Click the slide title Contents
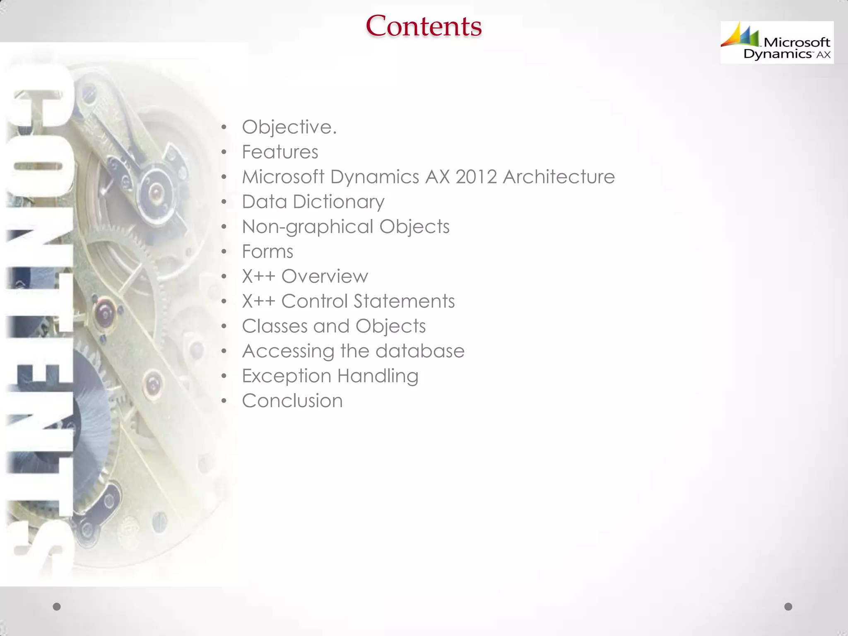424,26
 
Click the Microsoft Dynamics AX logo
777,42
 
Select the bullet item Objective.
289,127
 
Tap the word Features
280,152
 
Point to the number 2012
476,177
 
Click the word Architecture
559,177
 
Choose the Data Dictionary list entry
313,202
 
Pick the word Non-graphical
308,227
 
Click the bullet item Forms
267,252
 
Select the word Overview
325,277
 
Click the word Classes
275,326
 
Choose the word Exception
286,376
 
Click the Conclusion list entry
292,401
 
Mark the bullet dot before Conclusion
224,401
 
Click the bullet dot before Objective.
224,128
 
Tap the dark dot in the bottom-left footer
57,607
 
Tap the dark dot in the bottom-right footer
788,607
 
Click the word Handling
378,376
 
